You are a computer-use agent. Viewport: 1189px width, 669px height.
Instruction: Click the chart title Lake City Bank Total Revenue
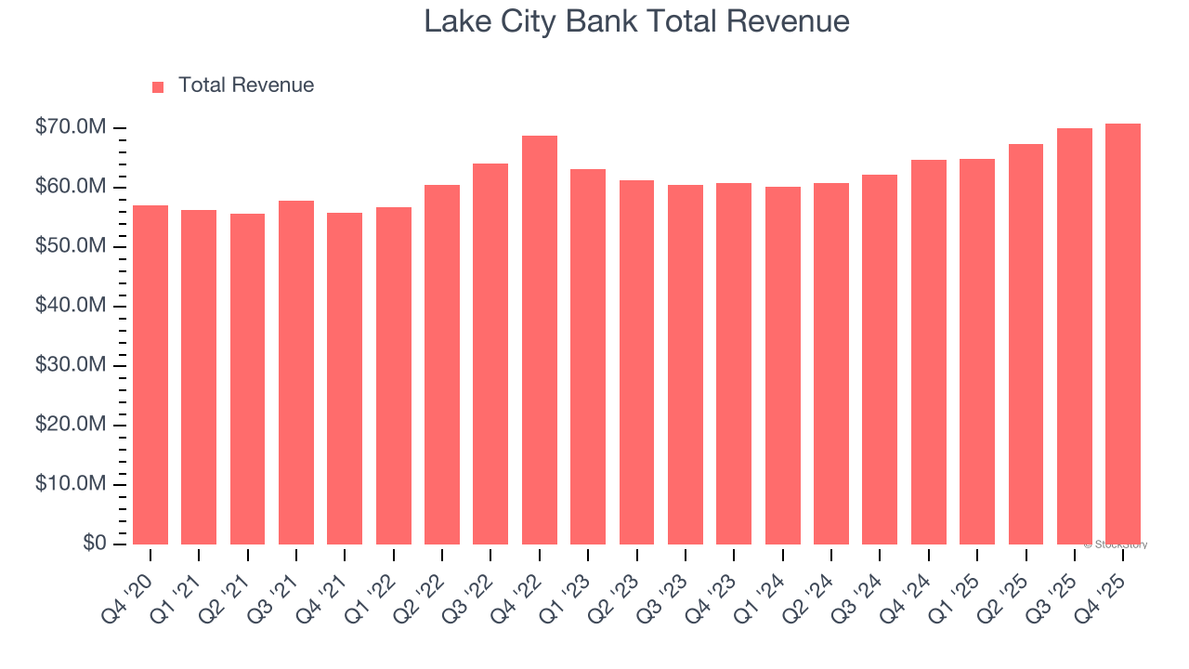pos(636,21)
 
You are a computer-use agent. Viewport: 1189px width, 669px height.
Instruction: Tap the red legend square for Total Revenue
pos(158,86)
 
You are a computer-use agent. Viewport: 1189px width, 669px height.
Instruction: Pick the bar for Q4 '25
pos(1123,334)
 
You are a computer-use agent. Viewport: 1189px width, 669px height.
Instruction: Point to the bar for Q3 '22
pos(490,354)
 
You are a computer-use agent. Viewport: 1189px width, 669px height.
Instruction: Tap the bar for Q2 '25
pos(1026,344)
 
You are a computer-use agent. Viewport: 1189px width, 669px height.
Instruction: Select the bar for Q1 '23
pos(588,357)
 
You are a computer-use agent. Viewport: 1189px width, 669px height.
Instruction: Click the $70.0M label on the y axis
pos(71,127)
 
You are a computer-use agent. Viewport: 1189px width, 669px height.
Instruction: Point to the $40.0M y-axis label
pos(71,306)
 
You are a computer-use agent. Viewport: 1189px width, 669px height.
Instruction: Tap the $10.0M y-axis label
pos(71,484)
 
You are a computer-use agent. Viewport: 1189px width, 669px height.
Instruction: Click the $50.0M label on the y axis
pos(71,246)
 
